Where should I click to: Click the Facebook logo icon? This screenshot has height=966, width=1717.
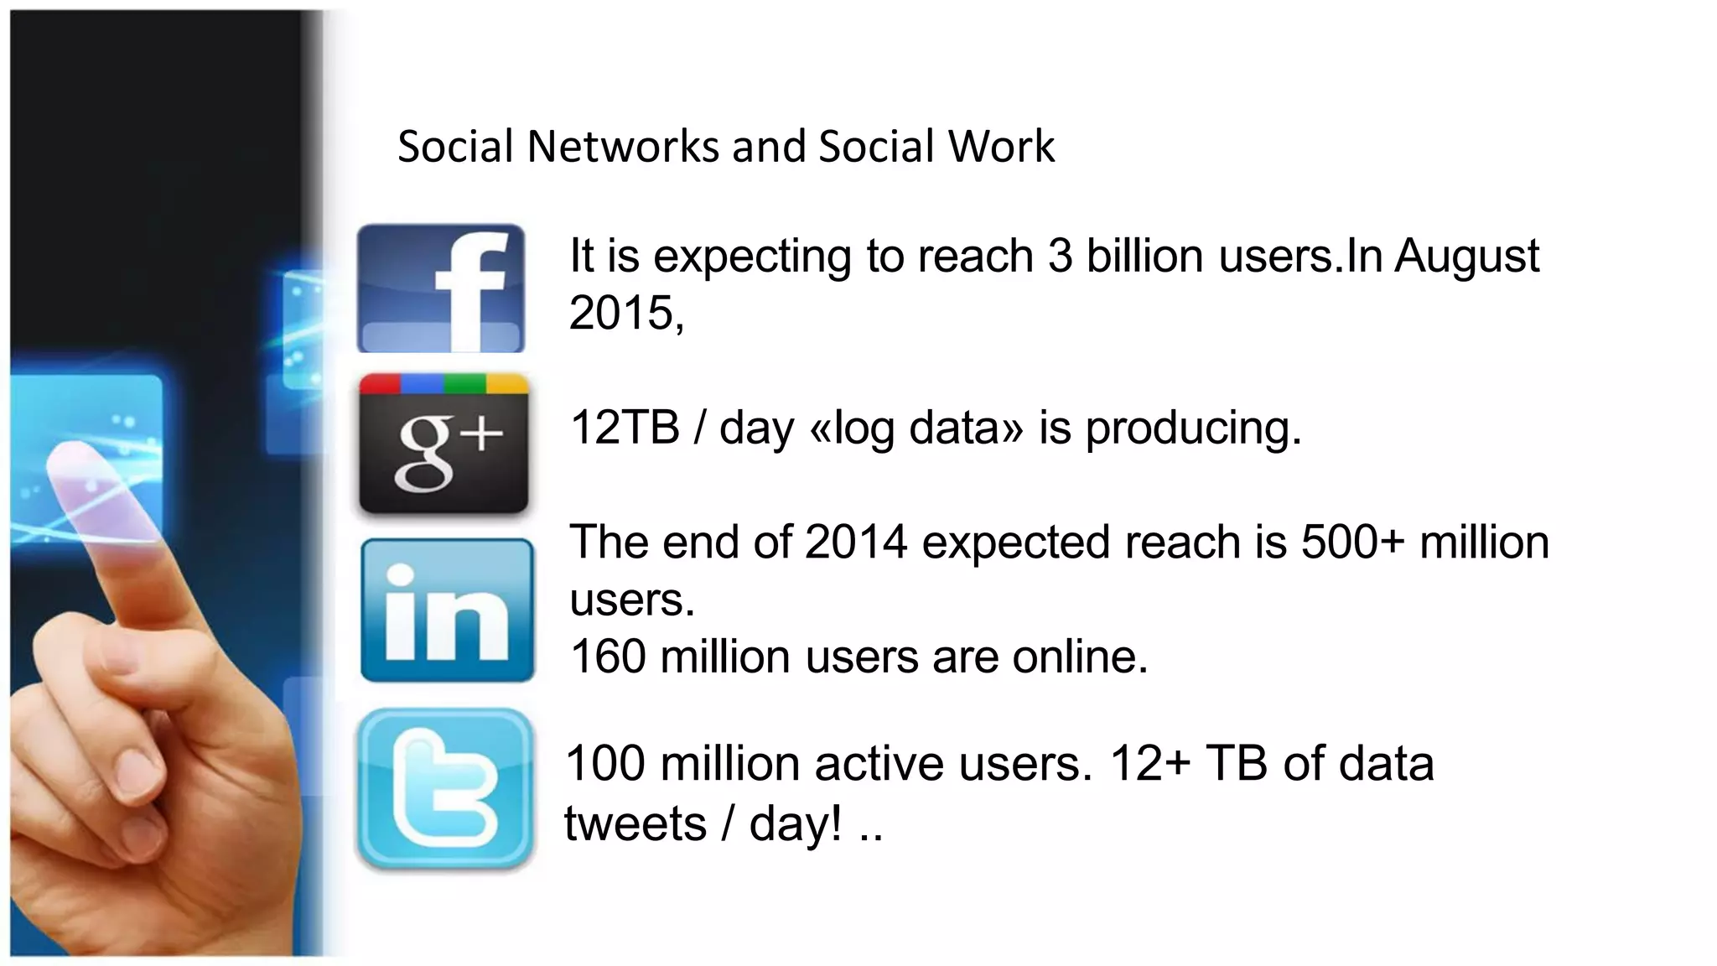pos(441,288)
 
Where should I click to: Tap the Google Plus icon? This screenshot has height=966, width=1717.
pos(444,443)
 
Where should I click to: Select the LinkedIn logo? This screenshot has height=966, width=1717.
pos(447,610)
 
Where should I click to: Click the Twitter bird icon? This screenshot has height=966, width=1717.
pos(445,789)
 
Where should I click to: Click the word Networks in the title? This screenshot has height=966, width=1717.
pos(623,147)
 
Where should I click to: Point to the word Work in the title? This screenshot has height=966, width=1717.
pos(1001,147)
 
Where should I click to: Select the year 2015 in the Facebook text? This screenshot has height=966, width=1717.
pos(621,313)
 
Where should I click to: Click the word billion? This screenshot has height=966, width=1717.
pos(1145,256)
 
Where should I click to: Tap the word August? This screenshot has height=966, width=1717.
pos(1466,256)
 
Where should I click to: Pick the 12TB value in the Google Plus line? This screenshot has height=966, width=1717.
pos(625,428)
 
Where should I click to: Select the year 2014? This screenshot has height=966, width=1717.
pos(856,543)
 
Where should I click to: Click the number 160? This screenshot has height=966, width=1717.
pos(608,657)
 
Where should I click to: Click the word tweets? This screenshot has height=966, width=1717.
pos(635,823)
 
